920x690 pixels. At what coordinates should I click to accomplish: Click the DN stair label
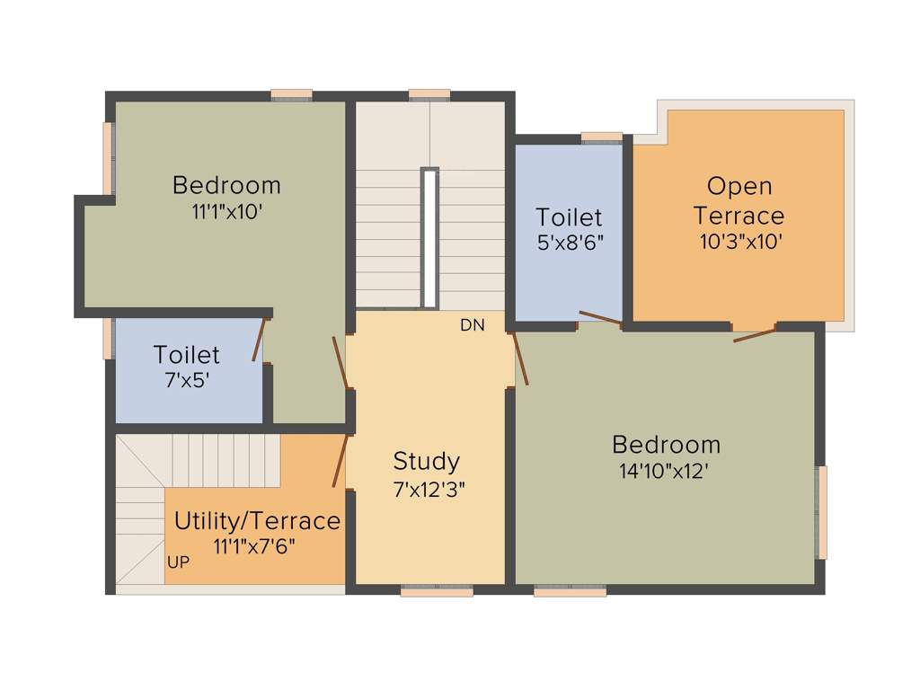point(472,325)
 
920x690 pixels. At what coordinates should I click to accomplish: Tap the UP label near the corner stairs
point(178,562)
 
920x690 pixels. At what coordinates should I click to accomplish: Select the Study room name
point(426,462)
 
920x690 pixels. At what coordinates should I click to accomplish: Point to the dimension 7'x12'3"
point(429,490)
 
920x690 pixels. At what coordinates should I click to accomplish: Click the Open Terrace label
point(739,201)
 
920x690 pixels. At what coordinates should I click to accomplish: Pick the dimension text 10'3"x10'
point(741,242)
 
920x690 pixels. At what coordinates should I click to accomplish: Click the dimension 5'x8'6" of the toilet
point(569,242)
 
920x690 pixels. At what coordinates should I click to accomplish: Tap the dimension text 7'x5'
point(187,380)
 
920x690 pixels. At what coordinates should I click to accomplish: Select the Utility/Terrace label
point(257,521)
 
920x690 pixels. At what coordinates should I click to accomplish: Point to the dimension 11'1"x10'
point(226,212)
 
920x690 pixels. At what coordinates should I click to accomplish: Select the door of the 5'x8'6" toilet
point(600,317)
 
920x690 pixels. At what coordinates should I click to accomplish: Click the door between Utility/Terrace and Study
point(340,461)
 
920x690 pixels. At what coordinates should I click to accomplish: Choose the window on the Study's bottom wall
point(437,591)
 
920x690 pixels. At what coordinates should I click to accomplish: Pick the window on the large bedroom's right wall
point(821,512)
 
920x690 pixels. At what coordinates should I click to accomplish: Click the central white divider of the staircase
point(429,238)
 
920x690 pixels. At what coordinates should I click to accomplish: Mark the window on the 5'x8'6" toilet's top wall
point(601,137)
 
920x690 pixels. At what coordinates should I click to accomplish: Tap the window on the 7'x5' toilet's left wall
point(109,339)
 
